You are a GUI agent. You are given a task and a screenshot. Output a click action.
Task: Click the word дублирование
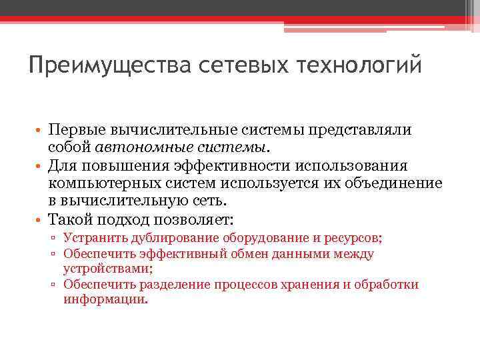[x=168, y=237]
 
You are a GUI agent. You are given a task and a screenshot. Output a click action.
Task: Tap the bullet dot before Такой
[x=40, y=219]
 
